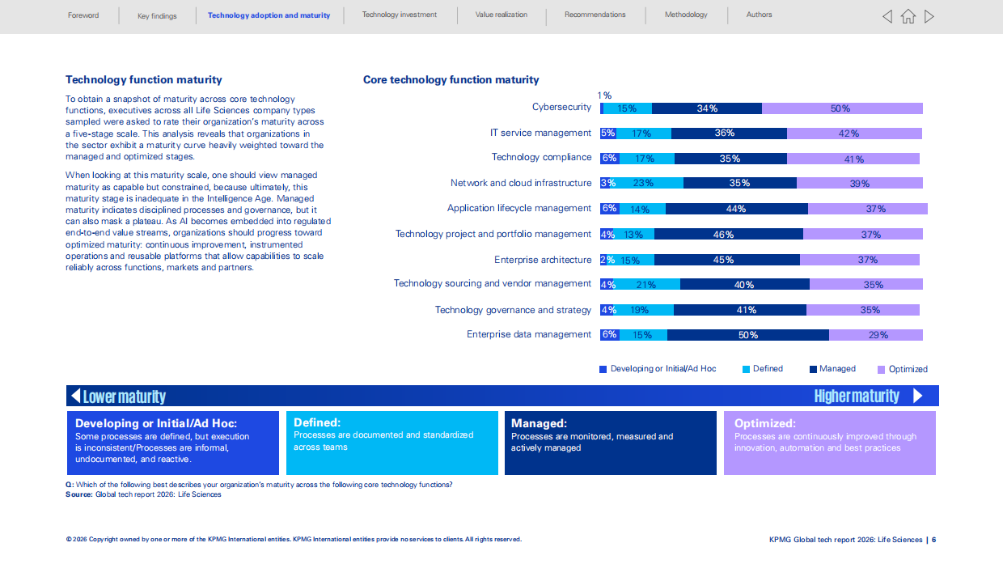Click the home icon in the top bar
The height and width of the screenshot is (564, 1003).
[908, 16]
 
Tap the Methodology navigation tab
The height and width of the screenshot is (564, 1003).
[686, 15]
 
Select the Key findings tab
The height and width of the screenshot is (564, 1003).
[157, 16]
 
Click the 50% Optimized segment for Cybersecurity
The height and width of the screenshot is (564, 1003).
[842, 108]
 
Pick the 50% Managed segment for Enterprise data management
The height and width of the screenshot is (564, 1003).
[747, 335]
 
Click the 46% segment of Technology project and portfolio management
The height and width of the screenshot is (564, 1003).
[729, 235]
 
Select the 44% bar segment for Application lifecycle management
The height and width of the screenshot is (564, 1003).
[737, 209]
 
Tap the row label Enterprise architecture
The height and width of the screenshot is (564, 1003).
[543, 260]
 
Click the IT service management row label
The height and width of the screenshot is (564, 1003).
[540, 133]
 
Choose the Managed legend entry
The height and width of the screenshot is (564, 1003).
[832, 369]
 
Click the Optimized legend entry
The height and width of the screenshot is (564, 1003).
[903, 369]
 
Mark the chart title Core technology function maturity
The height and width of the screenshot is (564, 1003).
[451, 80]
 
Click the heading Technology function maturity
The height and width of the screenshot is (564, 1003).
[144, 80]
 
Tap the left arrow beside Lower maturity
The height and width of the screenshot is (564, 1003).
[76, 396]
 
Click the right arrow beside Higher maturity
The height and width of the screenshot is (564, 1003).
[918, 396]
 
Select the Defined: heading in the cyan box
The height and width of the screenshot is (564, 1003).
[317, 422]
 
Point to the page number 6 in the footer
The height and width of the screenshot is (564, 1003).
[933, 540]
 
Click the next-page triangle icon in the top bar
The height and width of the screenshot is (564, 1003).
[929, 16]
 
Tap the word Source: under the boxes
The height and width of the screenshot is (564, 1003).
[79, 494]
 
